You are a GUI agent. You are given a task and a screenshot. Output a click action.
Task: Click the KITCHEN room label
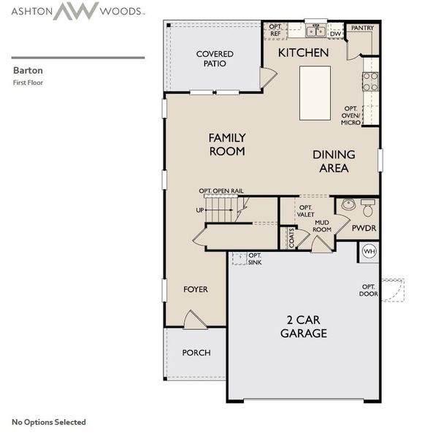(302, 53)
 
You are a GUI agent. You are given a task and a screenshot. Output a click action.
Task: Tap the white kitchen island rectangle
(315, 93)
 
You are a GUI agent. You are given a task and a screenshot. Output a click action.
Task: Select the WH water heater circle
(369, 252)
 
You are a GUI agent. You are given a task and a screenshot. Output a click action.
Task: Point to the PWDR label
(363, 228)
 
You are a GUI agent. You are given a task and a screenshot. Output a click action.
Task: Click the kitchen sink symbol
(315, 31)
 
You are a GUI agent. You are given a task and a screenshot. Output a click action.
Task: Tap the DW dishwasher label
(335, 34)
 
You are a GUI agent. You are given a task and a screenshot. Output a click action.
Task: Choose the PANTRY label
(362, 28)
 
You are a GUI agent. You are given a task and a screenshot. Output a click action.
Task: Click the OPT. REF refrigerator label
(275, 31)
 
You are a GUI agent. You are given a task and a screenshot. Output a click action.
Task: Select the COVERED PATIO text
(215, 59)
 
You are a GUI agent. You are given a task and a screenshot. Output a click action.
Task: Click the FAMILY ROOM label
(226, 145)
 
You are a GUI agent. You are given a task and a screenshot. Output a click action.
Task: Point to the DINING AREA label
(334, 161)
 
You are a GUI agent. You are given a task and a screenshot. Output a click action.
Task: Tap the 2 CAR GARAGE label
(303, 327)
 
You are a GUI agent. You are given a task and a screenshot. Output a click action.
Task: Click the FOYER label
(195, 290)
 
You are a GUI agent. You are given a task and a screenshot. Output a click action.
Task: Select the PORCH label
(196, 353)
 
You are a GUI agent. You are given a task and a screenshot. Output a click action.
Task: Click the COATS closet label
(291, 238)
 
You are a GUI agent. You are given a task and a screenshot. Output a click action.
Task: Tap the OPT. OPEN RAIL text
(221, 191)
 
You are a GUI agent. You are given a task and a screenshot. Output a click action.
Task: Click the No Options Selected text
(49, 422)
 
